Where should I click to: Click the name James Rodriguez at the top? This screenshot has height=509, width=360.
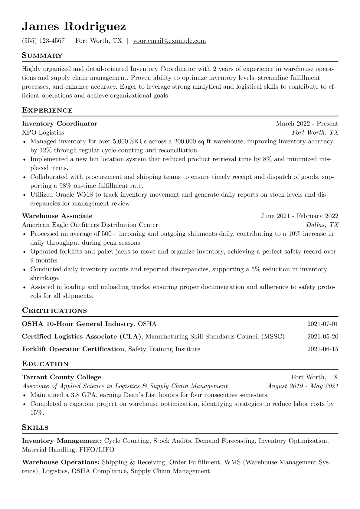tap(74, 26)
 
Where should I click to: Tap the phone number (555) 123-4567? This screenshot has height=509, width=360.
tap(43, 41)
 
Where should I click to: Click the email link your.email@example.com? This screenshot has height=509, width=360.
tap(169, 41)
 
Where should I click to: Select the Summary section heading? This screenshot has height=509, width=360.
tap(42, 56)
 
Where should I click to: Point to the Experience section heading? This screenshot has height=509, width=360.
tap(47, 110)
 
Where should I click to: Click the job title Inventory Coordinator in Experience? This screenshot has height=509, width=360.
tap(60, 123)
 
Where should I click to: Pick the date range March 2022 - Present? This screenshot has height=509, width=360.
tap(307, 123)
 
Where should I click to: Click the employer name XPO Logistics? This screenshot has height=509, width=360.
tap(43, 132)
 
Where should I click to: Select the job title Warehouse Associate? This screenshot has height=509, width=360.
tap(57, 216)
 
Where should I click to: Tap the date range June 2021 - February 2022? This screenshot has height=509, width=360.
tap(299, 216)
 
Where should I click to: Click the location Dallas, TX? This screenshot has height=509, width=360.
tap(322, 225)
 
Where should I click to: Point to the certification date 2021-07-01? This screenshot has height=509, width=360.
tap(322, 324)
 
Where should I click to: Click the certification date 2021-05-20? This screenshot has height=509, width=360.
tap(322, 336)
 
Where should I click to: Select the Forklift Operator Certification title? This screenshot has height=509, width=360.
tap(73, 349)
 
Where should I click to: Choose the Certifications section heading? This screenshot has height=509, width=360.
tap(54, 311)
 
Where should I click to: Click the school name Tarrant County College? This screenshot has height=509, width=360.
tap(61, 377)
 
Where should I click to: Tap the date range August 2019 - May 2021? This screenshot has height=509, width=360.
tap(303, 386)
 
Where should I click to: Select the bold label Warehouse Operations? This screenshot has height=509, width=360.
tap(61, 462)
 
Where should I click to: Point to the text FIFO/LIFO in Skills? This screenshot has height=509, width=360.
tap(97, 450)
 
